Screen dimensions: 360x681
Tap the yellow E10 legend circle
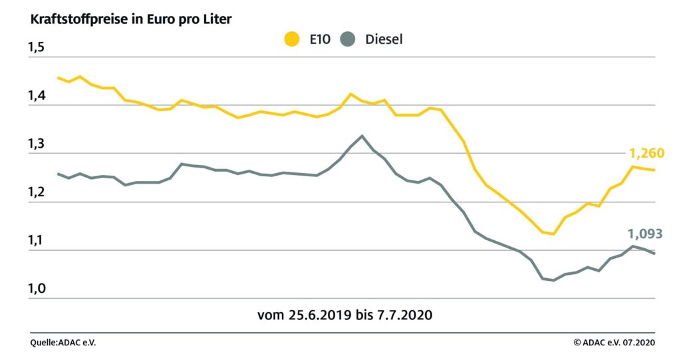[291, 39]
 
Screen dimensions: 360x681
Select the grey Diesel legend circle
[347, 39]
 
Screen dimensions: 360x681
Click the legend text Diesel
[384, 39]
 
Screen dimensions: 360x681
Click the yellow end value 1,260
[646, 153]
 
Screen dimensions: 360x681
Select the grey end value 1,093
[645, 234]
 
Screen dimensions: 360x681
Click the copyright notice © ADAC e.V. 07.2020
[614, 343]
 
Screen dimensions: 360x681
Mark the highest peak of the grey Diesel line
[362, 136]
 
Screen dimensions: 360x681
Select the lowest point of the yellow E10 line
[553, 234]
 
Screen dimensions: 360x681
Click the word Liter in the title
[217, 19]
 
